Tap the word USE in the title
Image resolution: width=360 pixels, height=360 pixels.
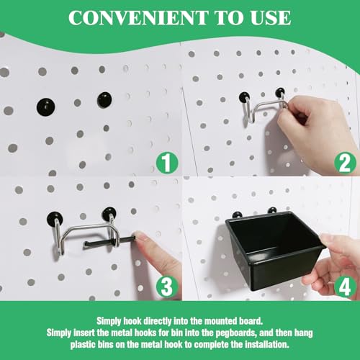(x=271, y=17)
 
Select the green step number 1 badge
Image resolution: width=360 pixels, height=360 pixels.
(x=167, y=163)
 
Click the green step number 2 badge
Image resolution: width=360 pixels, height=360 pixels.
(x=346, y=163)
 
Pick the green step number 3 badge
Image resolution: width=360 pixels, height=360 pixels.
(x=167, y=287)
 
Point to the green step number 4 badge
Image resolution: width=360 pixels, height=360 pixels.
(x=346, y=287)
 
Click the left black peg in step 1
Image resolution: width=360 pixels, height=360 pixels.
(x=46, y=107)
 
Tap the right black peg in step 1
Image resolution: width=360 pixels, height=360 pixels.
(x=104, y=99)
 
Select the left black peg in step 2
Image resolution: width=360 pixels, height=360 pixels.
(x=245, y=97)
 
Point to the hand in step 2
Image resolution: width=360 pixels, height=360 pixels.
(x=317, y=130)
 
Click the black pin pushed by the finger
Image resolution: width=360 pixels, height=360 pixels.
(x=109, y=241)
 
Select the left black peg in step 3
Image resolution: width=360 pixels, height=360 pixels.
(x=55, y=219)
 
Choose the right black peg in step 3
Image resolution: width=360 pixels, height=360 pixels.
(x=109, y=214)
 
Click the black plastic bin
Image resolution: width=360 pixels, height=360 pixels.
(x=276, y=250)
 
